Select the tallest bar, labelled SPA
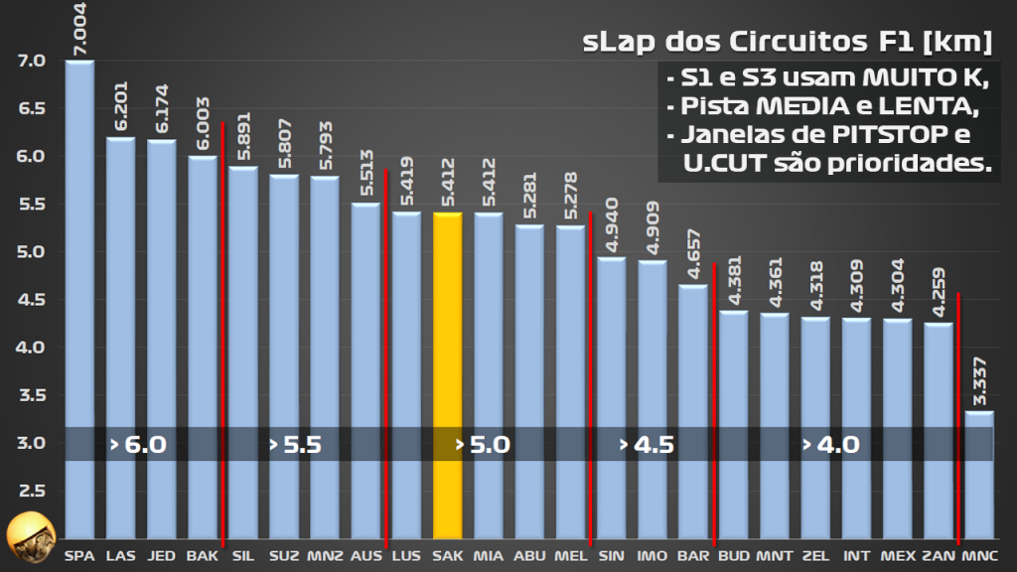(x=79, y=298)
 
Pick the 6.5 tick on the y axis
(x=32, y=108)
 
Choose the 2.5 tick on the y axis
(x=32, y=491)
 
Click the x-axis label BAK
(x=202, y=556)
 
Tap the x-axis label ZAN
(x=937, y=556)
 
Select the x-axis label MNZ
(x=325, y=556)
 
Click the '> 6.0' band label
(x=138, y=444)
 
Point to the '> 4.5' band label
(x=647, y=444)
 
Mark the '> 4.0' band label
(x=831, y=444)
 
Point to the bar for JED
(x=161, y=338)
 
